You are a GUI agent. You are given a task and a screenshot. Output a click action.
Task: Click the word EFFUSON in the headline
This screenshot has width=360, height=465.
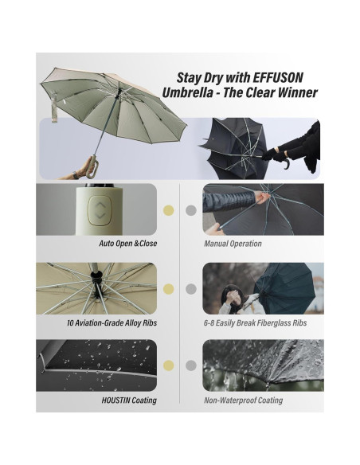[x=278, y=78]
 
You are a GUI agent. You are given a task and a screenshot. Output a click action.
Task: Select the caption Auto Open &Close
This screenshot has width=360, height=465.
[x=127, y=244]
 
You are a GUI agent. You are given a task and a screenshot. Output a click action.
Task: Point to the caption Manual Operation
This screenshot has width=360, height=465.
[x=233, y=244]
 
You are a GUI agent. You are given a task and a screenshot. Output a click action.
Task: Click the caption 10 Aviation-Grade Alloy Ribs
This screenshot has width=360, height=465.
[x=112, y=322]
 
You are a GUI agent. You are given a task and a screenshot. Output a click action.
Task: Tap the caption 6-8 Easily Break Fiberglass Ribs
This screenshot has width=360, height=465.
[x=255, y=322]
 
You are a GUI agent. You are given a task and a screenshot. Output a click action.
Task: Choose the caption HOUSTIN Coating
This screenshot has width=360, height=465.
[x=129, y=401]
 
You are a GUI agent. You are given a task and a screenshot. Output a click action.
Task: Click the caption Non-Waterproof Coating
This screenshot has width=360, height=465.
[x=243, y=401]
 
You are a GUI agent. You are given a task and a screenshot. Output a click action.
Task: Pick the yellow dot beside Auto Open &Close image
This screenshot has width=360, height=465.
[x=168, y=210]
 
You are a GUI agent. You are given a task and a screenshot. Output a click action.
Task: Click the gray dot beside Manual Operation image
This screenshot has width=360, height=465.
[x=191, y=210]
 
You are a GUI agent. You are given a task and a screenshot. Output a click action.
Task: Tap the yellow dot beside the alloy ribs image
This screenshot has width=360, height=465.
[x=168, y=289]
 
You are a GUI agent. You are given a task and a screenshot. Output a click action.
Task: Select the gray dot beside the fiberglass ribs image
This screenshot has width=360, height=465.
[x=191, y=289]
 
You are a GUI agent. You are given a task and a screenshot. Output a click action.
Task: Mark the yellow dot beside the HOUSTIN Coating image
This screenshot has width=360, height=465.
[x=168, y=365]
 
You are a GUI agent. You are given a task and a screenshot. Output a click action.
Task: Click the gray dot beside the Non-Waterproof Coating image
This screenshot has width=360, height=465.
[x=191, y=365]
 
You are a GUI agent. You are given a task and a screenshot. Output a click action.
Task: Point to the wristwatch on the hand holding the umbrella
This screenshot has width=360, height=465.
[x=76, y=175]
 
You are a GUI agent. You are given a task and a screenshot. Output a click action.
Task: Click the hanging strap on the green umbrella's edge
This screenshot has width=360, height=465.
[x=54, y=107]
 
